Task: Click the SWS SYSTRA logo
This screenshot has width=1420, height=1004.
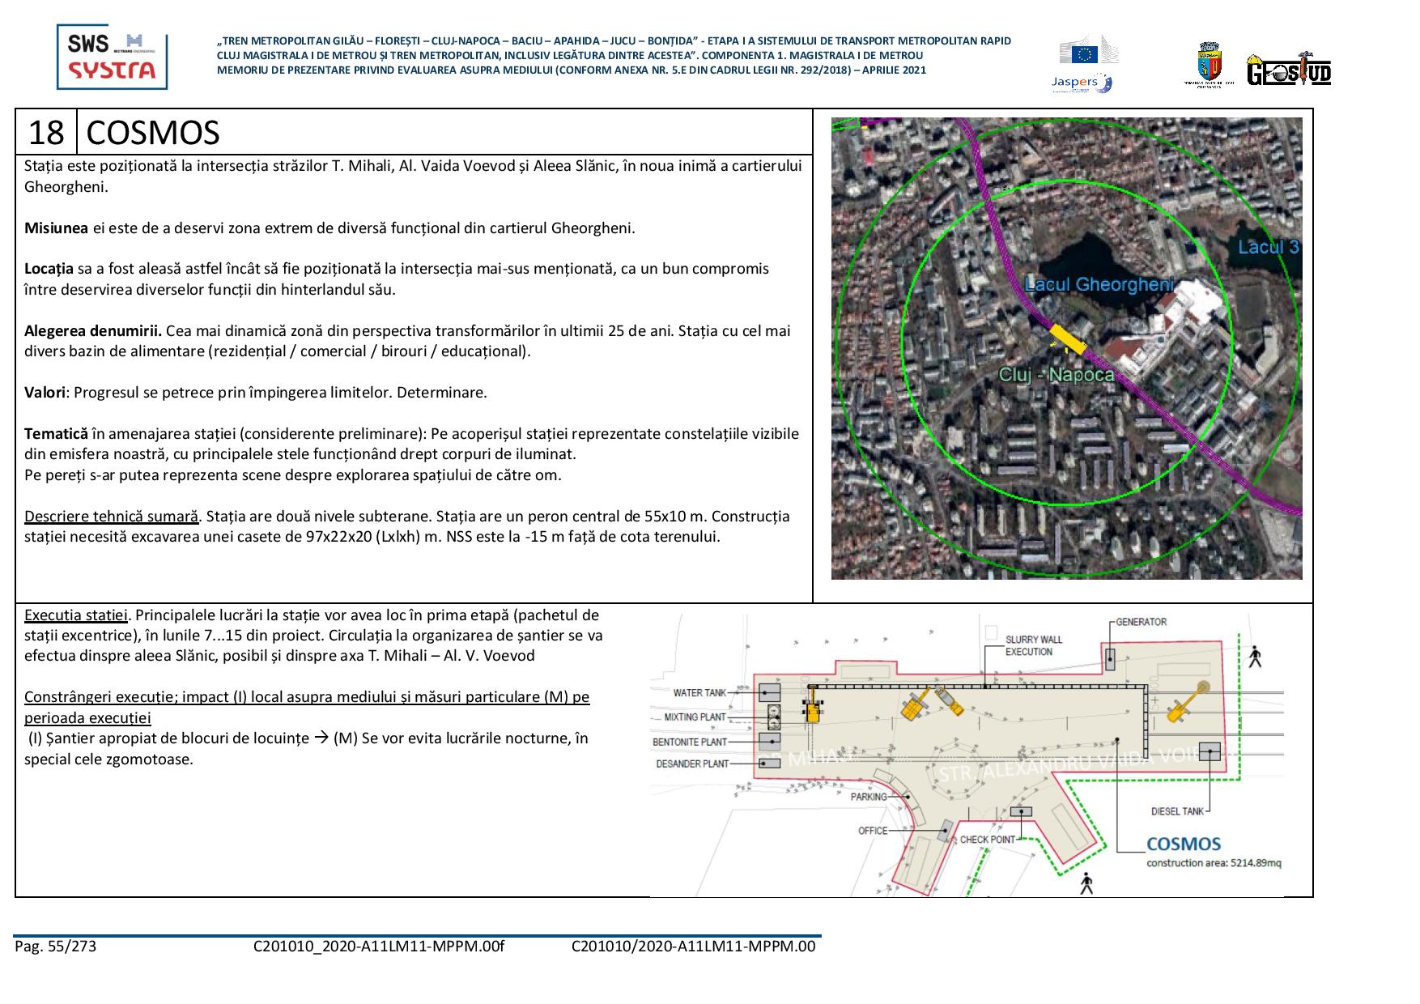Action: tap(112, 57)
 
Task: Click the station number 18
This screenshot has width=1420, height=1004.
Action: tap(46, 133)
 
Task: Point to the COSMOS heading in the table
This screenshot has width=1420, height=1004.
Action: tap(152, 133)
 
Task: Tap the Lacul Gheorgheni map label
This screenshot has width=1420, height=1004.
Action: tap(1099, 284)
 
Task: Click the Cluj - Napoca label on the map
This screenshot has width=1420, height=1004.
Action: tap(1056, 374)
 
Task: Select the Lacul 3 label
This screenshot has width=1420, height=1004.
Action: tap(1268, 247)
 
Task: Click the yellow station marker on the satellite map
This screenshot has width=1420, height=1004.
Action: tap(1068, 339)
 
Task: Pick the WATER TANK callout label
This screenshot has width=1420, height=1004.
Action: tap(699, 693)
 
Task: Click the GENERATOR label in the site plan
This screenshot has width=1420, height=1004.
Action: tap(1141, 622)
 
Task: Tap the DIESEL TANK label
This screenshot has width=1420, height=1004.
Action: tap(1177, 811)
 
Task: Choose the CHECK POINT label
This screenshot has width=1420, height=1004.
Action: tap(987, 840)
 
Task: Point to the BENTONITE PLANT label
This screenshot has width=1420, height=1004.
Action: tap(690, 742)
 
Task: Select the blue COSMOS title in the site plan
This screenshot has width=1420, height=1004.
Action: tap(1183, 844)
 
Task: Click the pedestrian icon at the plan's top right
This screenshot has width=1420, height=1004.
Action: tap(1255, 657)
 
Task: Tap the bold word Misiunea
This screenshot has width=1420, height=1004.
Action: tap(56, 228)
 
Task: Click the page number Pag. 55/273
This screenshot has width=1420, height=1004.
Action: tap(55, 946)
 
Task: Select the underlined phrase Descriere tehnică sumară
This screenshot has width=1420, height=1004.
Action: tap(111, 517)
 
